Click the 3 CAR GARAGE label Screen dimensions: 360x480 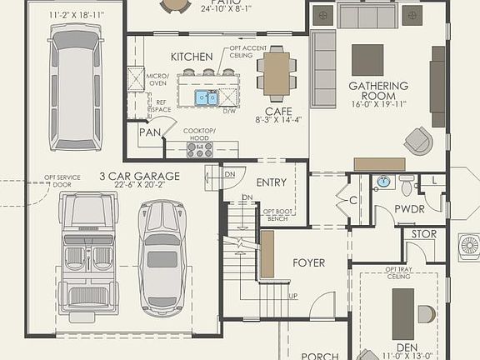click(139, 176)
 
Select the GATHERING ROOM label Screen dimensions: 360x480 click(378, 86)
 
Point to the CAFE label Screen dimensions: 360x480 click(277, 111)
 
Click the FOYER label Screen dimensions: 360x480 click(308, 262)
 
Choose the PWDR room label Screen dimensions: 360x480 click(410, 209)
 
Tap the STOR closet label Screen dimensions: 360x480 click(423, 234)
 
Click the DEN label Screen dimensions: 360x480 click(407, 347)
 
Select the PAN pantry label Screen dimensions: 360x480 click(150, 132)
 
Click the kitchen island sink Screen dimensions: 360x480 click(207, 97)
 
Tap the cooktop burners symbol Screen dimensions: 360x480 click(200, 149)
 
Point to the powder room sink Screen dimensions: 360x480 click(383, 181)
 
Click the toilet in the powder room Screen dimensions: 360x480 click(407, 183)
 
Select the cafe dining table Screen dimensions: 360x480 click(273, 72)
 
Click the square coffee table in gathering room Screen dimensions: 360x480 click(367, 60)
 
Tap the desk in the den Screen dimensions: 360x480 click(403, 312)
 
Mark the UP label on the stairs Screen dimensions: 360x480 click(292, 296)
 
